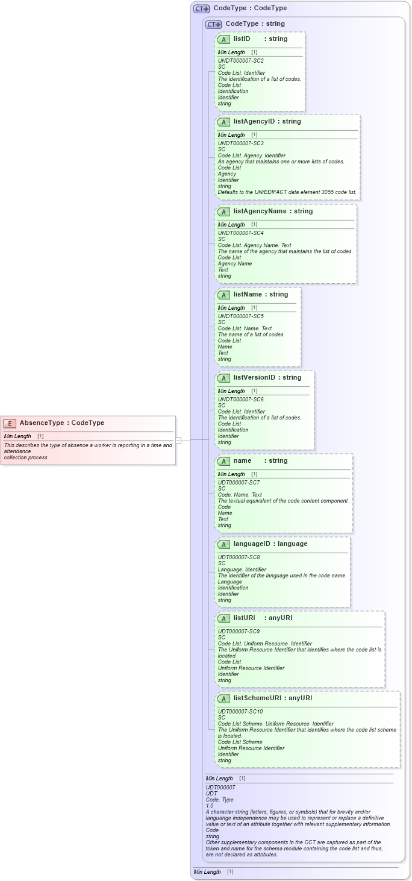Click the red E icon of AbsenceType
[10, 423]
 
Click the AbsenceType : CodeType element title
[61, 423]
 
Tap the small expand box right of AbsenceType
[178, 440]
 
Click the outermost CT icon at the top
[201, 8]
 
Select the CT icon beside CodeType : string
[213, 24]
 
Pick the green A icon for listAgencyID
[223, 122]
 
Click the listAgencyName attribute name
[260, 212]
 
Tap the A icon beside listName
[223, 295]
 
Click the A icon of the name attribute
[223, 461]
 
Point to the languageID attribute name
[253, 544]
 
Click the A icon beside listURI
[223, 618]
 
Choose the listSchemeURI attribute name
[258, 698]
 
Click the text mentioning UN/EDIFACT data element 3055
[287, 192]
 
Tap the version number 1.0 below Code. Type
[210, 806]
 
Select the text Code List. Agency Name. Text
[254, 245]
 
